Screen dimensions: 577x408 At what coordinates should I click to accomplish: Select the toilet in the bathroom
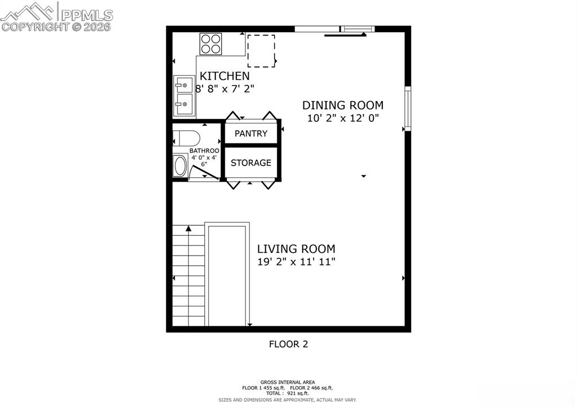point(186,138)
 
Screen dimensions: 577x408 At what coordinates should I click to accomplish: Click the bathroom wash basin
point(180,165)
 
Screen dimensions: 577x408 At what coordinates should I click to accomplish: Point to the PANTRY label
point(251,134)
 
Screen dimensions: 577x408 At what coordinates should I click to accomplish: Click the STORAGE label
point(251,163)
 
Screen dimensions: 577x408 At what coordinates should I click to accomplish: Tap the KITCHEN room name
point(224,76)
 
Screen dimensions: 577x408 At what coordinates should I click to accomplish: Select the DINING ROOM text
point(343,105)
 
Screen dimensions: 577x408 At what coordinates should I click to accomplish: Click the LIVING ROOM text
point(296,249)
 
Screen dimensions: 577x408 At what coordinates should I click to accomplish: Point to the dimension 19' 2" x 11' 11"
point(296,262)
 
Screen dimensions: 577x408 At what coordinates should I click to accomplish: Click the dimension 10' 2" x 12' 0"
point(343,119)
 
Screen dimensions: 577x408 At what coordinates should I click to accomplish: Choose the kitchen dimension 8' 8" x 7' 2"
point(225,89)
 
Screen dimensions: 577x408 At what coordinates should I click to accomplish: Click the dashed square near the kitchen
point(261,50)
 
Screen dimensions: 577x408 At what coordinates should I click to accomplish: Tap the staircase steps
point(188,277)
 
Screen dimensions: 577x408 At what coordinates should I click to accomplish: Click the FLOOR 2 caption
point(288,344)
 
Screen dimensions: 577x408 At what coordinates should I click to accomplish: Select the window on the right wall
point(408,108)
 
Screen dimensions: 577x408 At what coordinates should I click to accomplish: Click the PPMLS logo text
point(86,15)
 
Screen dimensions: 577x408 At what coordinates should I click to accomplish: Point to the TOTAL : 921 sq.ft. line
point(288,393)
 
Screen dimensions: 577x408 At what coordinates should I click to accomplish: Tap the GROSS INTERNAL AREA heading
point(288,382)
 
